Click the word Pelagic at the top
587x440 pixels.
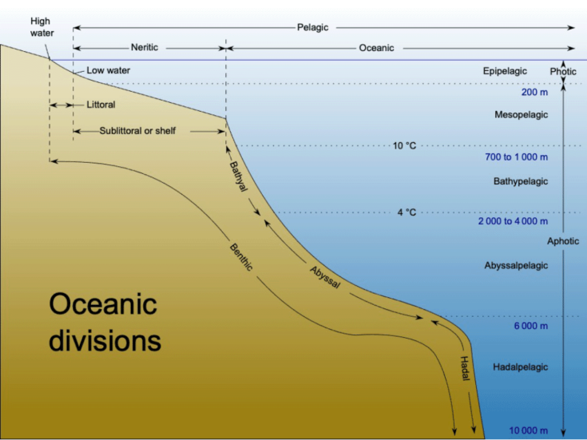point(312,27)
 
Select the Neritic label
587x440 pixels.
point(145,48)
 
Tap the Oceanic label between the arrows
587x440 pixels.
point(376,48)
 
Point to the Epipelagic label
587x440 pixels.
point(505,71)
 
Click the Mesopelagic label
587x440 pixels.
point(521,114)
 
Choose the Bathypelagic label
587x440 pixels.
point(521,181)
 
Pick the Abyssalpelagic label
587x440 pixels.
point(516,265)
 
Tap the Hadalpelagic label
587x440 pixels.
point(521,367)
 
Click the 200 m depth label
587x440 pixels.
point(534,92)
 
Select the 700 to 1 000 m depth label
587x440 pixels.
point(516,157)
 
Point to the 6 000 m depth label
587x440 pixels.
point(531,326)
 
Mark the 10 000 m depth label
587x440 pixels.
point(528,430)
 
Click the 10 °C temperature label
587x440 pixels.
point(404,145)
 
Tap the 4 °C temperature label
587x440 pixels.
point(407,212)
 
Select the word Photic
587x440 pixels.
point(563,72)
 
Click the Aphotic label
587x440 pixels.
point(563,241)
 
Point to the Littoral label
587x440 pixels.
point(101,105)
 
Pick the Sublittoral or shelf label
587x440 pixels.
point(137,131)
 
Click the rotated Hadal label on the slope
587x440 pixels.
point(464,368)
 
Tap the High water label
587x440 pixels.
point(42,27)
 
